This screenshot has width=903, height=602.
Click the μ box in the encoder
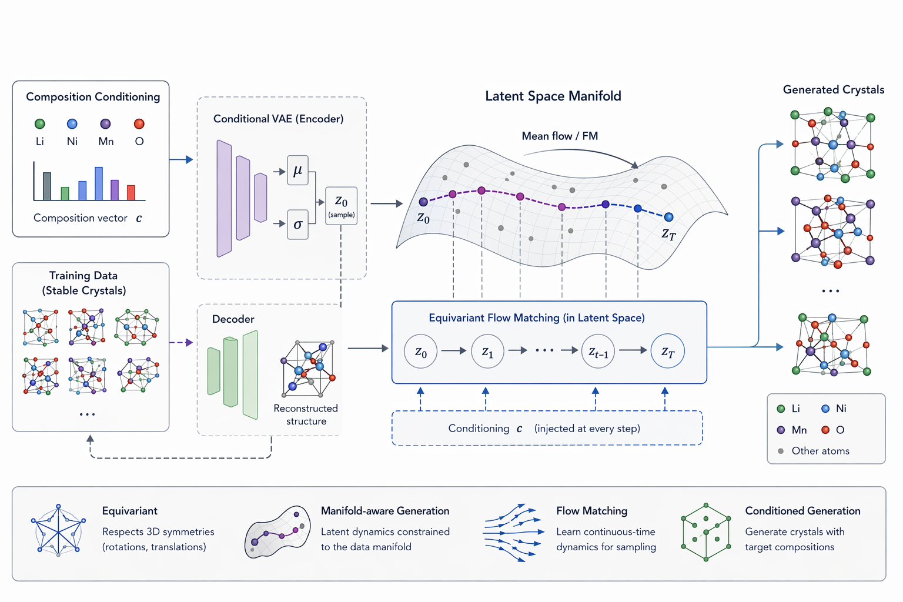pyautogui.click(x=297, y=170)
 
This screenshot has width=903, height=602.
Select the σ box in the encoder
pyautogui.click(x=297, y=224)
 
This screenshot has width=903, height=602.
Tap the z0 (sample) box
pyautogui.click(x=341, y=206)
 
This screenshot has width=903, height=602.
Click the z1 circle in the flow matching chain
pyautogui.click(x=487, y=351)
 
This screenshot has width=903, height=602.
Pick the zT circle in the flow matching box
pyautogui.click(x=667, y=351)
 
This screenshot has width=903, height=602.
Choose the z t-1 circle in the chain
pyautogui.click(x=598, y=351)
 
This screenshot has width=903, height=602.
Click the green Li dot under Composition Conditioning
pyautogui.click(x=40, y=123)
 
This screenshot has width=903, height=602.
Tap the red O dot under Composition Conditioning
pyautogui.click(x=139, y=123)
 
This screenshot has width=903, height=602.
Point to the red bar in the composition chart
pyautogui.click(x=131, y=192)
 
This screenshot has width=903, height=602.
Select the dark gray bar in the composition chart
pyautogui.click(x=47, y=186)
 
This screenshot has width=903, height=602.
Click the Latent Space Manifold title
pyautogui.click(x=553, y=96)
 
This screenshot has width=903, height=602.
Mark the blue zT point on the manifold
pyautogui.click(x=668, y=217)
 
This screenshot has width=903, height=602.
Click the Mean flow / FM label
pyautogui.click(x=560, y=136)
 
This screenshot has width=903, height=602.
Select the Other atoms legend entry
pyautogui.click(x=814, y=451)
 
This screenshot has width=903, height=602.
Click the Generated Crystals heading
pyautogui.click(x=833, y=89)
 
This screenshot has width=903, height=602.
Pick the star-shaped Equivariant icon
pyautogui.click(x=58, y=530)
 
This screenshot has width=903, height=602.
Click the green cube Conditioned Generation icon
pyautogui.click(x=705, y=531)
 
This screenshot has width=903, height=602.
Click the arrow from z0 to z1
pyautogui.click(x=453, y=351)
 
